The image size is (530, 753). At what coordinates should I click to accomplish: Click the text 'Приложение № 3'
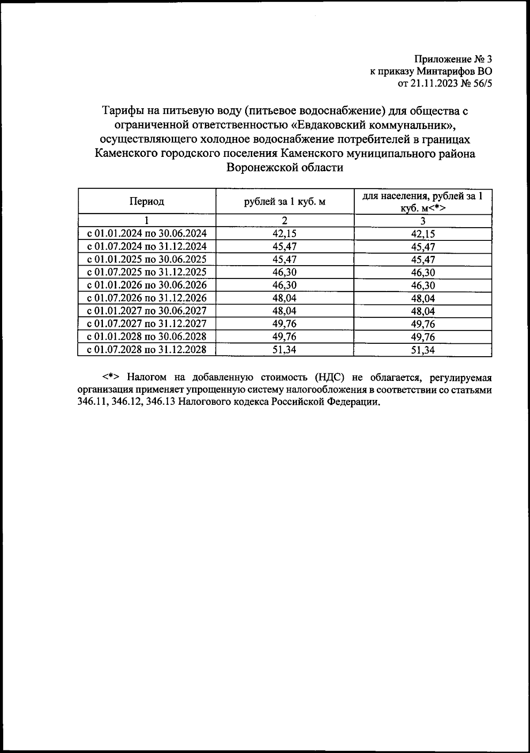coord(453,59)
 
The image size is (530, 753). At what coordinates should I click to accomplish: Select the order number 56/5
coord(480,84)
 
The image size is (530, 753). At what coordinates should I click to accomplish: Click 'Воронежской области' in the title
coord(284,168)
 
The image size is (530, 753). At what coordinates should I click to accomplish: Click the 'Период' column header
coord(147,202)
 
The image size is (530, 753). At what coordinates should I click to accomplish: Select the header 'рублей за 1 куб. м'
coord(284,202)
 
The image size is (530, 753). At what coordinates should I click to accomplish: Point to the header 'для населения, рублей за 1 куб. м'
coord(423,202)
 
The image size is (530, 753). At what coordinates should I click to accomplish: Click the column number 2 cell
coord(284,221)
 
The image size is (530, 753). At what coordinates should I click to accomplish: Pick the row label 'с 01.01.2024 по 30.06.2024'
coord(147,233)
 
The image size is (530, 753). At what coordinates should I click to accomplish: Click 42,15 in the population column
coord(423,234)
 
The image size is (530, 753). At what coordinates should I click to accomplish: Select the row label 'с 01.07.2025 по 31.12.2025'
coord(147,272)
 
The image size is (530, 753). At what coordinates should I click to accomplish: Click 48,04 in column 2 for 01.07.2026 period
coord(284,298)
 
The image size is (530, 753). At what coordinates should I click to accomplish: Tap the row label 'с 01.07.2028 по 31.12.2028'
coord(147,350)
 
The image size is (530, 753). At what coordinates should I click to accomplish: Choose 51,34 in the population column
coord(423,350)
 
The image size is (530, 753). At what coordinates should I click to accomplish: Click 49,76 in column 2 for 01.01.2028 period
coord(284,337)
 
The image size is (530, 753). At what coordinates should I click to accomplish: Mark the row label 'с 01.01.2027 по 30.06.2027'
coord(147,311)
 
